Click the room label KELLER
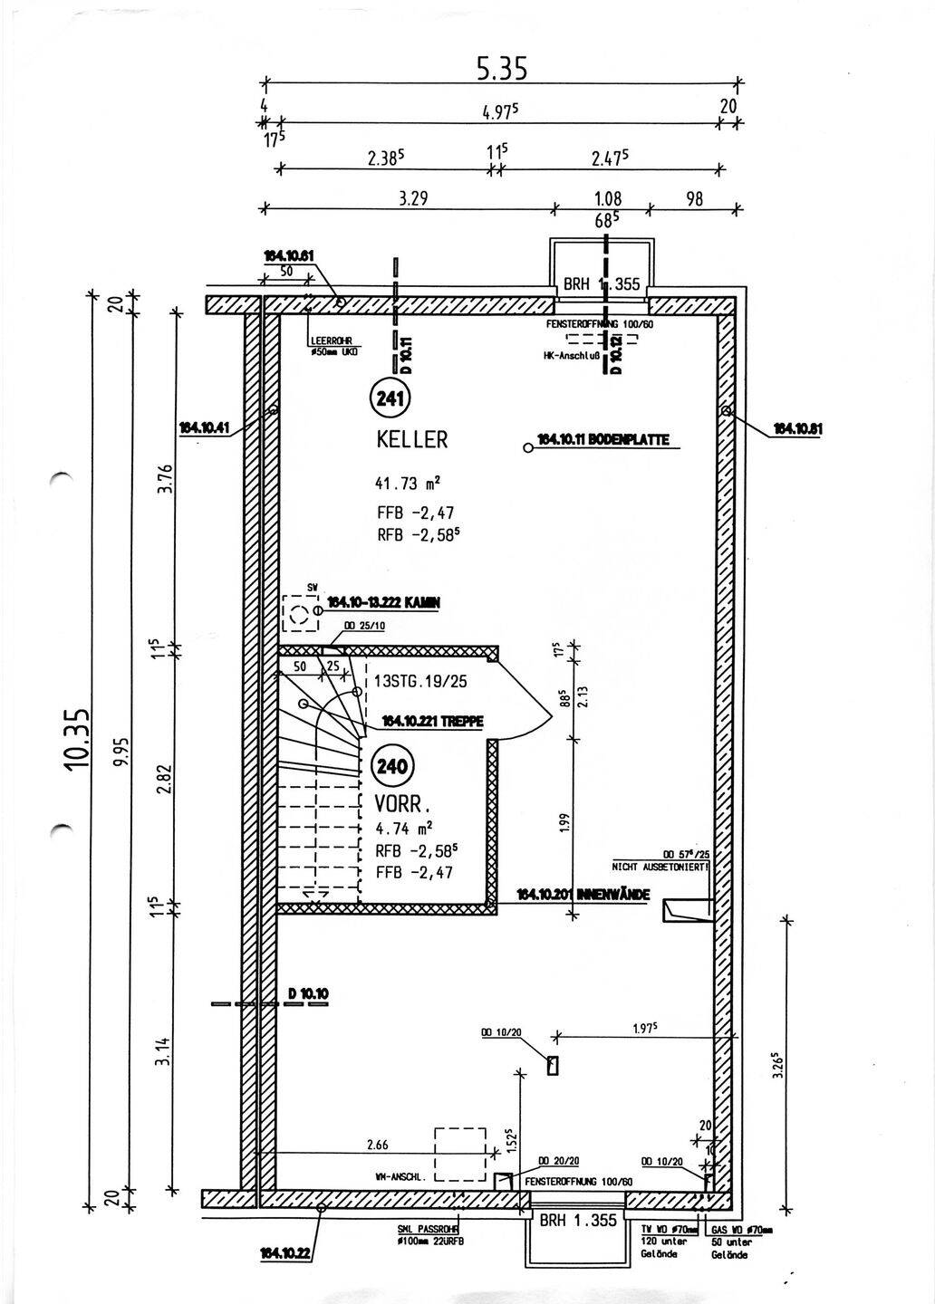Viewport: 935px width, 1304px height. (412, 440)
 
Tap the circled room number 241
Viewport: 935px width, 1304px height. (390, 397)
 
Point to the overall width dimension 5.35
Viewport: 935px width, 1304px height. (502, 69)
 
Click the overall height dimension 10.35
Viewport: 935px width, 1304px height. (78, 738)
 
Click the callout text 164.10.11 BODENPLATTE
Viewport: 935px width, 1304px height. (602, 440)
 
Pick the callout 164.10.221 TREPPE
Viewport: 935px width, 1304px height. (432, 722)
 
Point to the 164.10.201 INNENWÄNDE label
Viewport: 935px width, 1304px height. (583, 895)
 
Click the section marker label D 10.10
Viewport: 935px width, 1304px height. (308, 993)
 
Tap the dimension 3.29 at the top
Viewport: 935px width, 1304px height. (414, 199)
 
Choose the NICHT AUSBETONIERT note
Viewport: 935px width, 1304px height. (660, 867)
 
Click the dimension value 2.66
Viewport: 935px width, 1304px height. (378, 1145)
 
